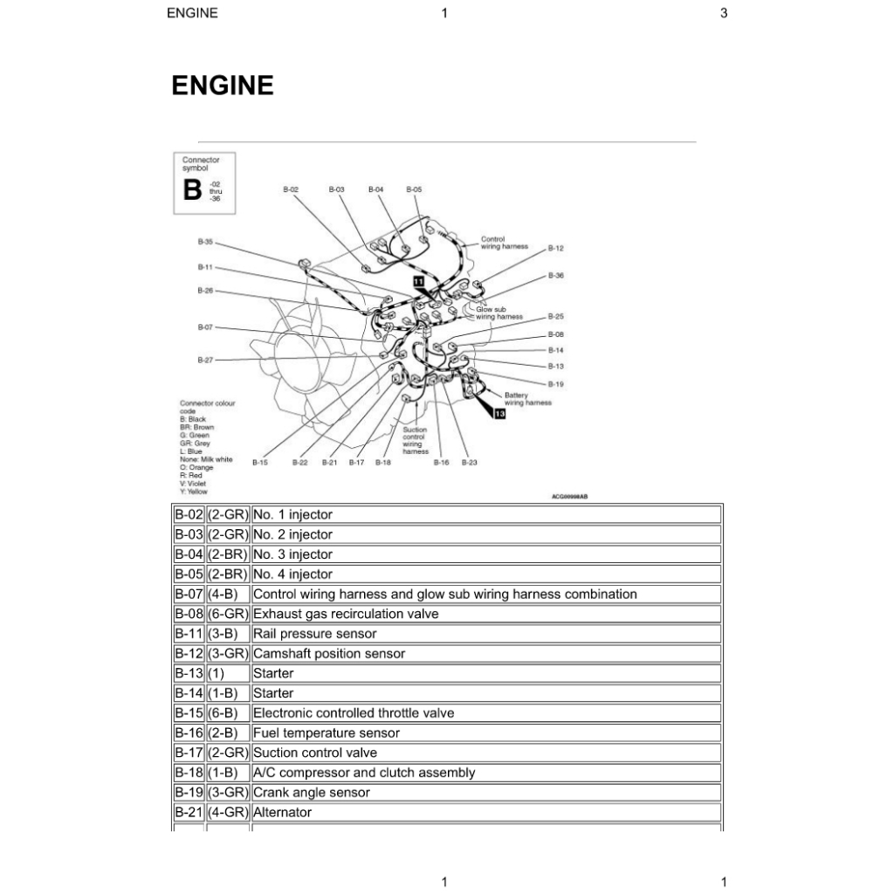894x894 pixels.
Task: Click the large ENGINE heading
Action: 223,86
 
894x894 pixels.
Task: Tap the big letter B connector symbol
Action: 192,189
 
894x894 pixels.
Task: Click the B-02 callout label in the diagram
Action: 292,189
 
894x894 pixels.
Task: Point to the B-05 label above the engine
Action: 414,189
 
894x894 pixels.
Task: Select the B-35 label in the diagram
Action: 205,242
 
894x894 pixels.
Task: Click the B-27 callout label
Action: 205,360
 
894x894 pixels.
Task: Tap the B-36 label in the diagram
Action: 556,276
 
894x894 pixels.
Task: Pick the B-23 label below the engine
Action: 470,463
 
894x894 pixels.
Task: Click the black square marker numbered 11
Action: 418,281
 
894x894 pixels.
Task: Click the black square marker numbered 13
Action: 499,414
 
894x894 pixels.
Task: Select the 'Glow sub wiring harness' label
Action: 499,313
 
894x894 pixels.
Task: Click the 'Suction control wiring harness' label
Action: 415,441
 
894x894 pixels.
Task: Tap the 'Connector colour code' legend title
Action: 207,407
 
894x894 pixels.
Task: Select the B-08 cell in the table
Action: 189,614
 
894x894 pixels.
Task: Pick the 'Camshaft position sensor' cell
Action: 329,654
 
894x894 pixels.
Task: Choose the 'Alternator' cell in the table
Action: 283,813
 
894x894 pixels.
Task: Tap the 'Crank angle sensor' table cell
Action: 312,793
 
